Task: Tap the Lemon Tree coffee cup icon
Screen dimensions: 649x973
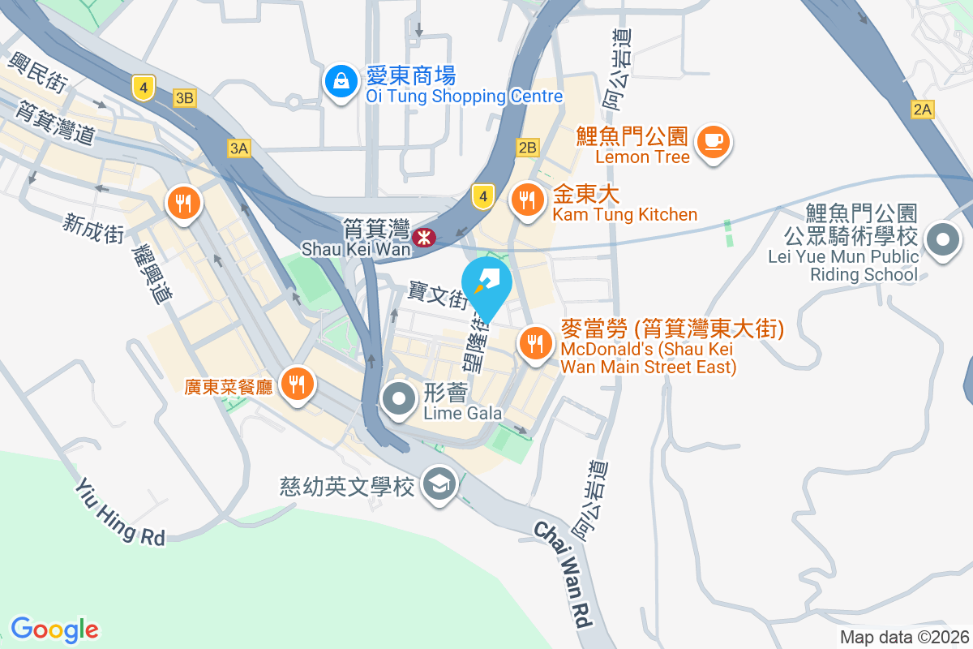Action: (x=713, y=141)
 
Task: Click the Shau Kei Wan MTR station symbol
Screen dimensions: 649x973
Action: (x=422, y=238)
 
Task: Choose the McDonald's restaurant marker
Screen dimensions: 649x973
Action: (x=534, y=343)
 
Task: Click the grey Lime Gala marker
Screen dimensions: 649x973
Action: (x=399, y=398)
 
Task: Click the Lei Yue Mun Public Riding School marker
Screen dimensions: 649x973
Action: (x=942, y=240)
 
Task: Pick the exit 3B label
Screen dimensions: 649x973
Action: (x=185, y=98)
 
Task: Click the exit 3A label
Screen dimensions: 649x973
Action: (x=238, y=148)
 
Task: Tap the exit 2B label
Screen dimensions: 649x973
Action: (x=527, y=147)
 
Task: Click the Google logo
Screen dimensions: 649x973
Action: (x=54, y=630)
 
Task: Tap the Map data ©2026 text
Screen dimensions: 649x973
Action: (x=904, y=637)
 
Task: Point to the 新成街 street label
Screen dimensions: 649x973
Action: (x=93, y=227)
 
